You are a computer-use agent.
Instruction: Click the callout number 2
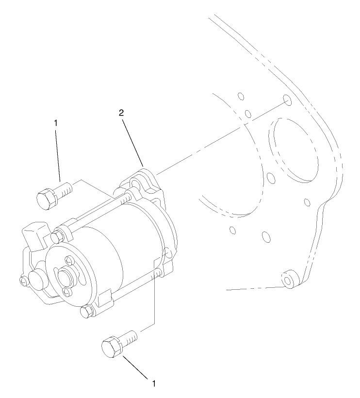(122, 113)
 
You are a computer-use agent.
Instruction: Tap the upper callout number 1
(56, 123)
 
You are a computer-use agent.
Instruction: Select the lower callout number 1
(154, 383)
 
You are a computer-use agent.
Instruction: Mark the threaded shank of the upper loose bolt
(64, 187)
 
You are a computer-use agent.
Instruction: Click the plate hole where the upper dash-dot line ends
(287, 100)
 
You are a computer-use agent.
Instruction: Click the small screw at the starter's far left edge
(24, 280)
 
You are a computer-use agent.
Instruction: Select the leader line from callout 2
(132, 141)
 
